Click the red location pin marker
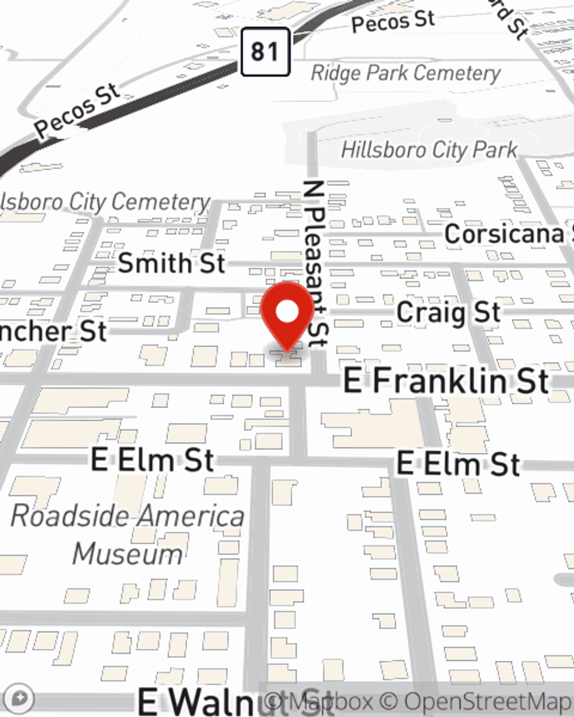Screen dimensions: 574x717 pyautogui.click(x=288, y=314)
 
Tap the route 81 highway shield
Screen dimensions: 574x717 pyautogui.click(x=265, y=52)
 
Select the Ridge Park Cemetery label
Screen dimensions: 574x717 pyautogui.click(x=405, y=73)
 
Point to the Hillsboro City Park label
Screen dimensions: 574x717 pyautogui.click(x=429, y=150)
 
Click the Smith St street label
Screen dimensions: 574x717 pyautogui.click(x=171, y=263)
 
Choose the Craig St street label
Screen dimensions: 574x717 pyautogui.click(x=448, y=313)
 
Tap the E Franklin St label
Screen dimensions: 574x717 pyautogui.click(x=446, y=381)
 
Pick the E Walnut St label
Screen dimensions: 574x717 pyautogui.click(x=235, y=701)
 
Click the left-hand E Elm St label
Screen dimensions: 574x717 pyautogui.click(x=153, y=460)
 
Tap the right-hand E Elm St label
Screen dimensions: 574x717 pyautogui.click(x=459, y=463)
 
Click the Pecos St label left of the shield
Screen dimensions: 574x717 pyautogui.click(x=77, y=111)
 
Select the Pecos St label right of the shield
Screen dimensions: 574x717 pyautogui.click(x=393, y=22)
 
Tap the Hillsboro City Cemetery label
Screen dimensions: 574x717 pyautogui.click(x=105, y=202)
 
